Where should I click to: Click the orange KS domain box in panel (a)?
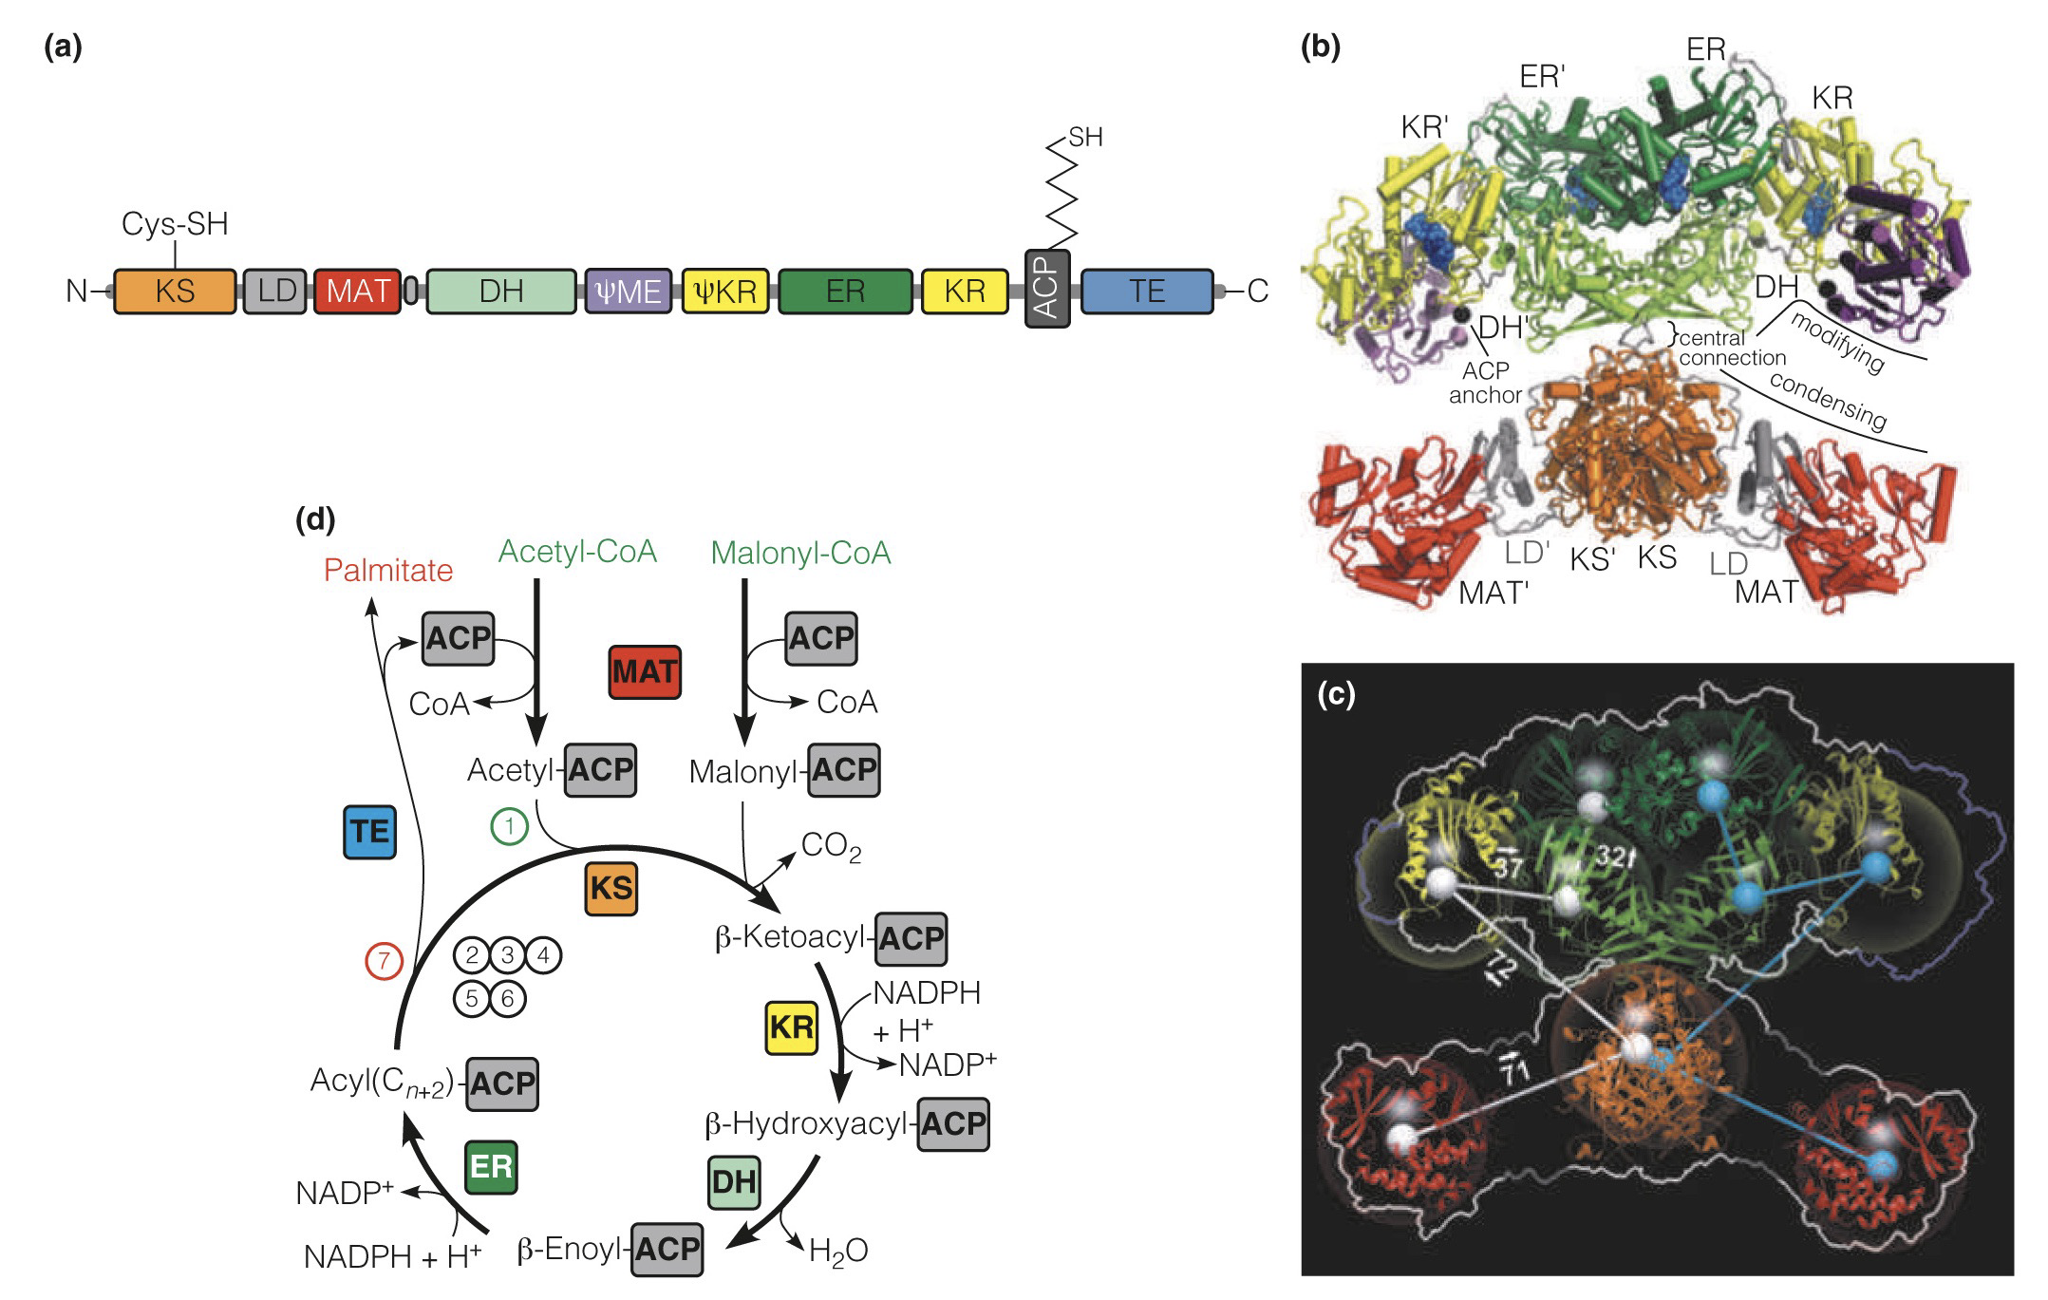point(175,291)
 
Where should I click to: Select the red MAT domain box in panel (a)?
point(357,291)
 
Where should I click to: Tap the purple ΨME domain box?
point(624,291)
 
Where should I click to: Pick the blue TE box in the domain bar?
point(1147,291)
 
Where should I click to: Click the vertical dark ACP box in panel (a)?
point(1047,290)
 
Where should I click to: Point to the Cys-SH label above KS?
point(175,223)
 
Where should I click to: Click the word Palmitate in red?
point(387,571)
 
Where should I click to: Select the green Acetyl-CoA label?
point(577,552)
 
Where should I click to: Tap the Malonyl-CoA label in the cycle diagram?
point(800,554)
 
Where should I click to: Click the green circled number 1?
point(509,827)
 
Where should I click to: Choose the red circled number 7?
point(384,961)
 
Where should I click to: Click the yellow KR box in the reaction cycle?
point(791,1027)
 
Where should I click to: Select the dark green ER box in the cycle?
point(491,1166)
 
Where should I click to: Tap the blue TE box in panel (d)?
point(369,832)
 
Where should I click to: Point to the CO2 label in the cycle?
point(831,846)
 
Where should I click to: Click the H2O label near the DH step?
point(837,1252)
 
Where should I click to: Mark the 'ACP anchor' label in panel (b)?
point(1485,383)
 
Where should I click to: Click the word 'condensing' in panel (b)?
point(1828,400)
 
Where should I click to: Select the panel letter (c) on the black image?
point(1336,696)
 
